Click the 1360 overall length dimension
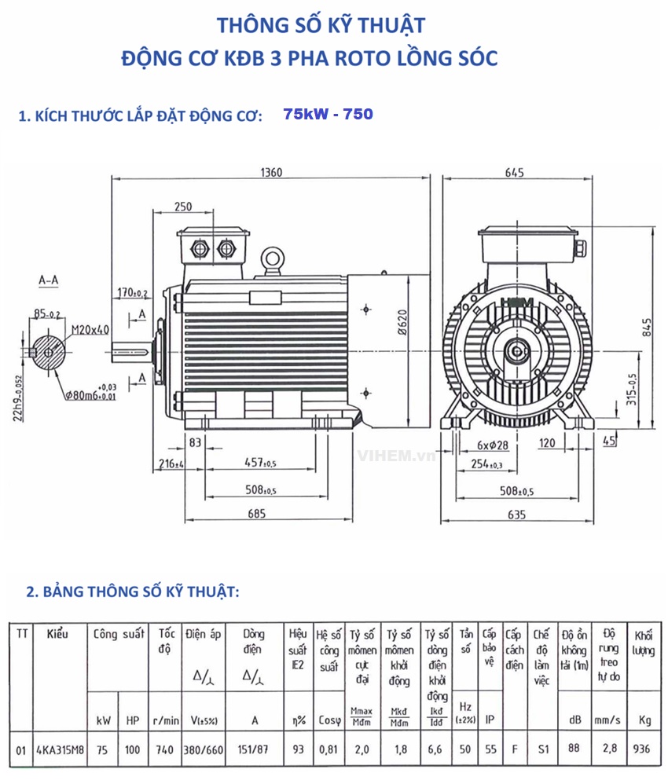[x=270, y=172]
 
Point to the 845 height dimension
[x=646, y=325]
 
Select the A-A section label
[x=48, y=279]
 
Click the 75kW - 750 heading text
[x=328, y=115]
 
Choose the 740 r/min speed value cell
[x=165, y=749]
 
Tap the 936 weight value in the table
[x=641, y=749]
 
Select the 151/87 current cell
[x=253, y=749]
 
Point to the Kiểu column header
[x=58, y=634]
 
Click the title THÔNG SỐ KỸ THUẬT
[x=321, y=25]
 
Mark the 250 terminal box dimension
[x=183, y=207]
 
